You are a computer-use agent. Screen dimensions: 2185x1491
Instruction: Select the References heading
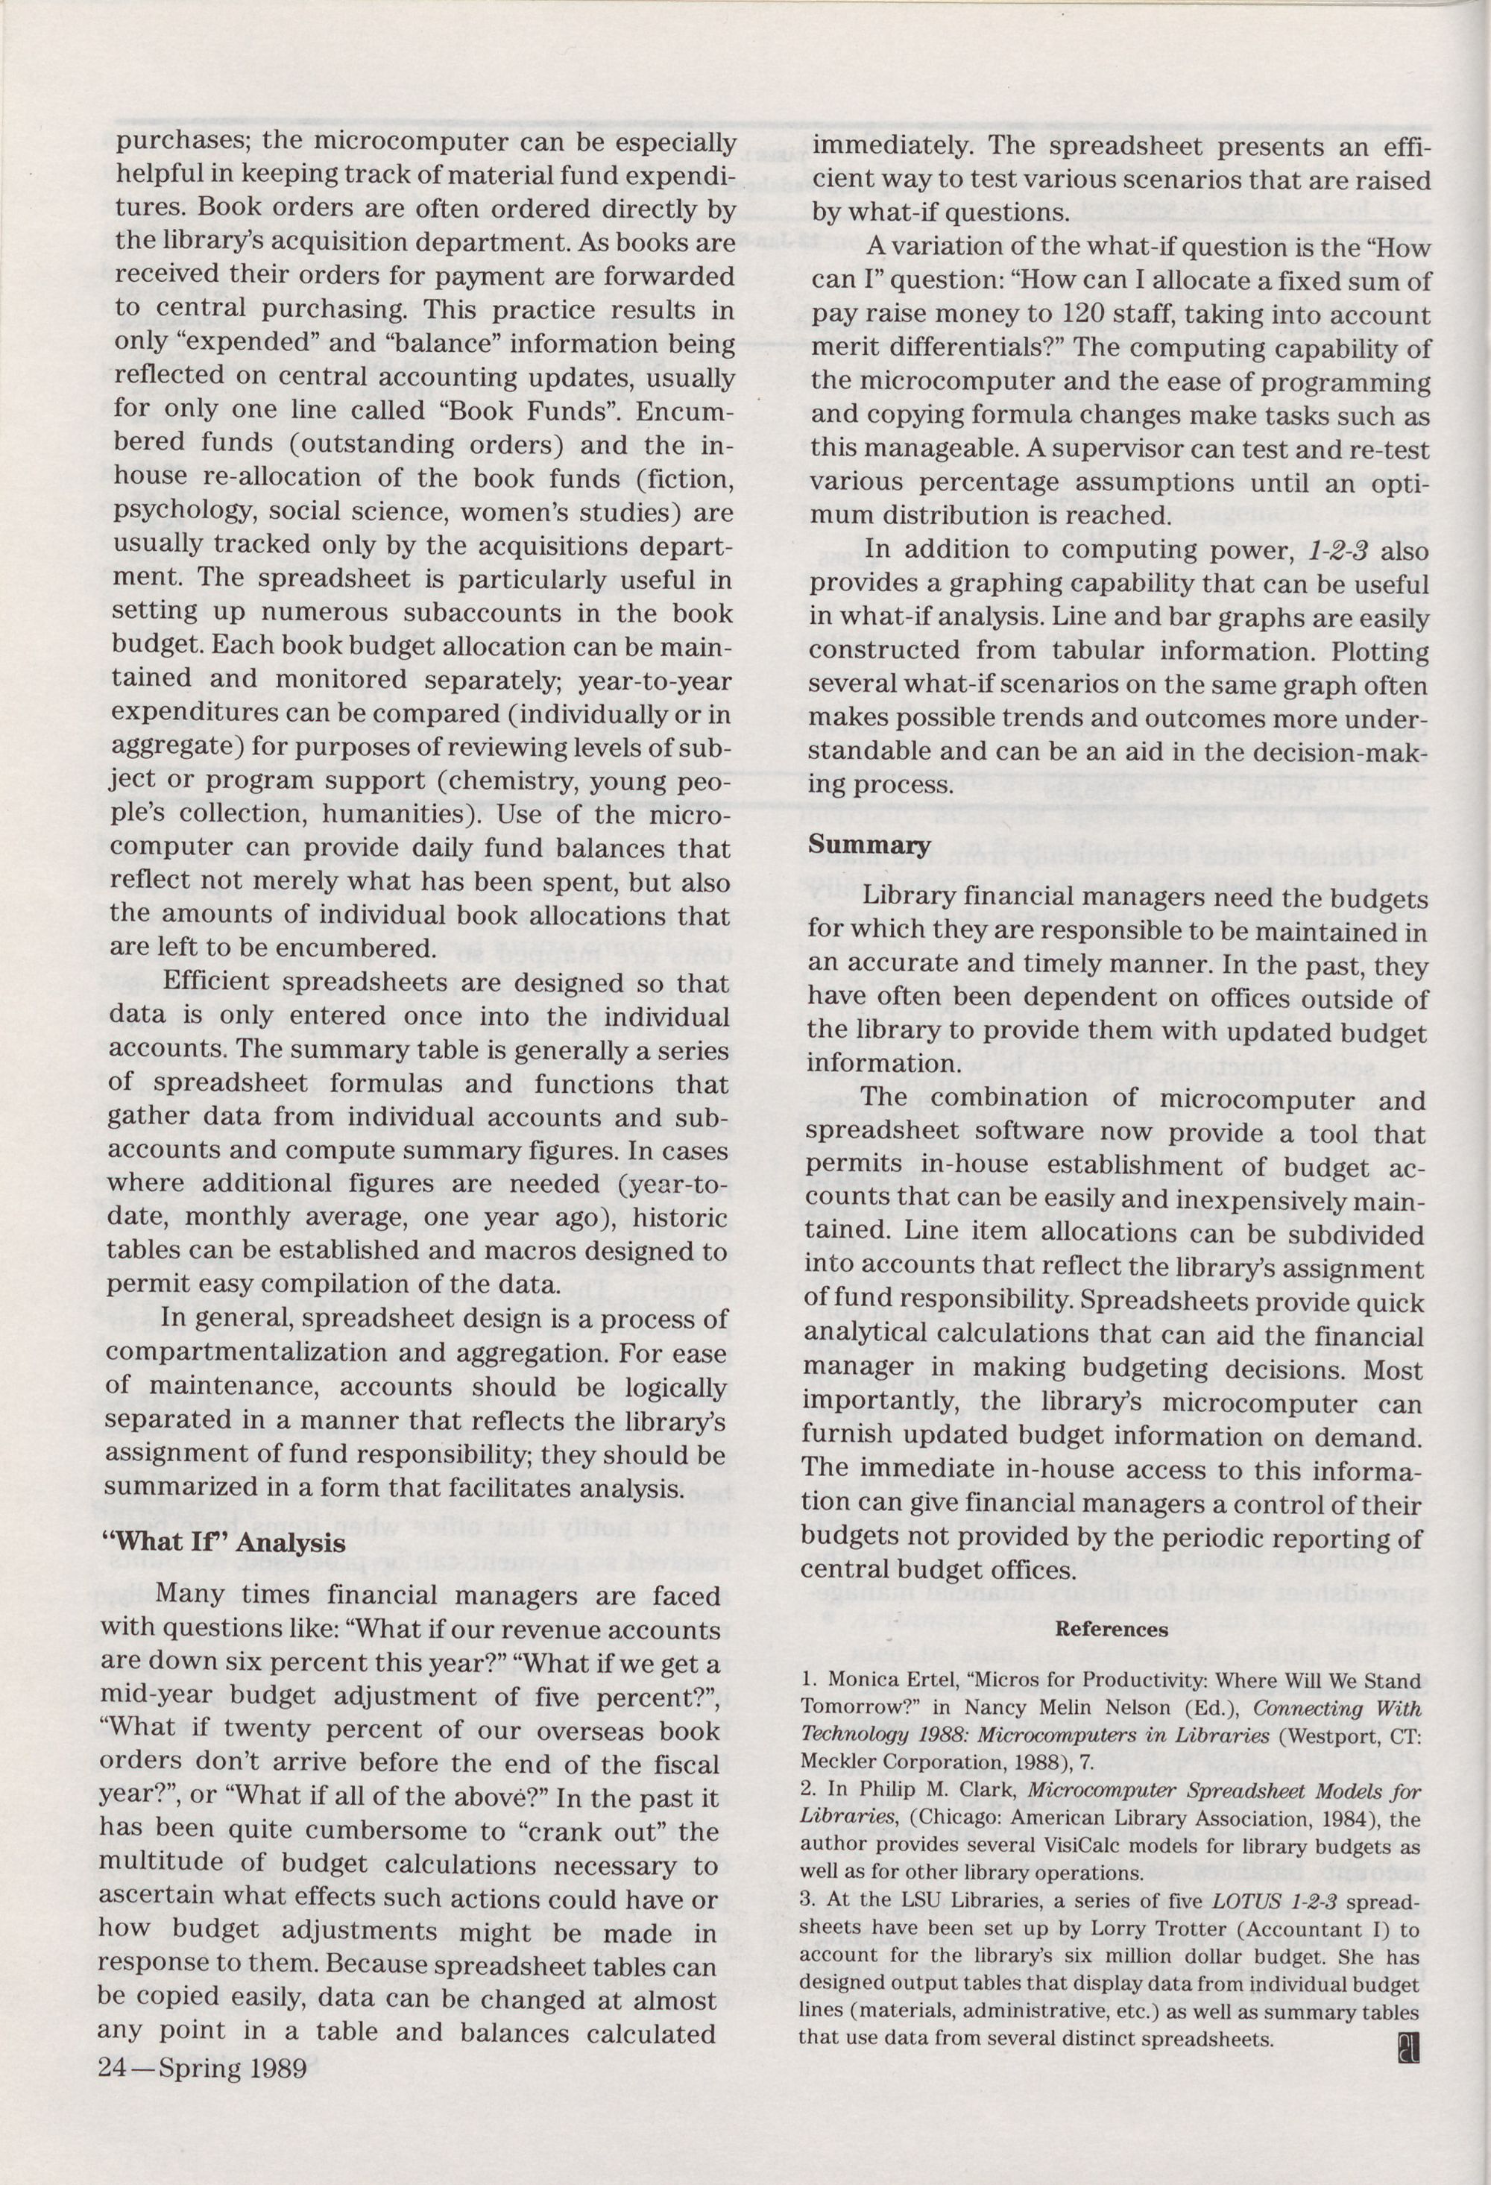1112,1630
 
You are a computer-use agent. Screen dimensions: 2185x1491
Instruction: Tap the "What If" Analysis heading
223,1543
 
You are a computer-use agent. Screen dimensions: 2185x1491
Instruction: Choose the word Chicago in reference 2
943,1817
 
